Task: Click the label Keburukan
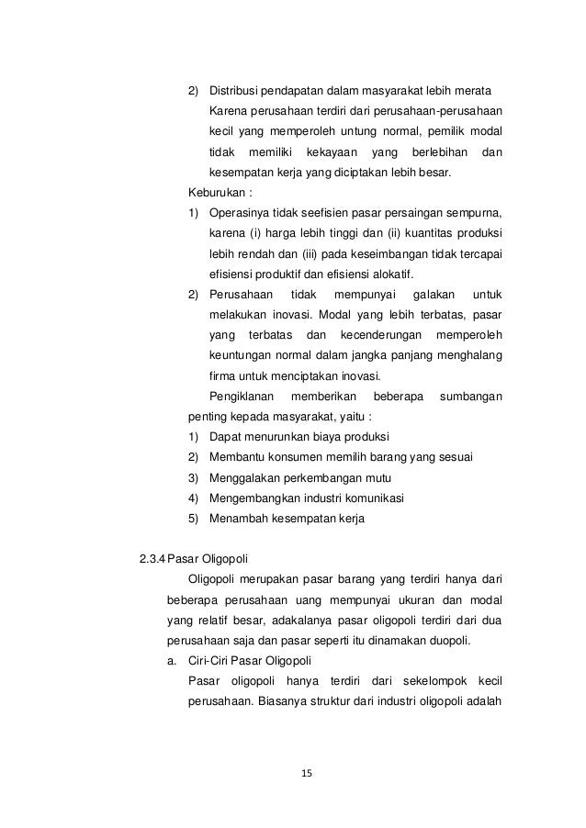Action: [x=216, y=194]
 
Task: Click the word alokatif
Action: [x=390, y=274]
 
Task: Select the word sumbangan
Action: [x=471, y=396]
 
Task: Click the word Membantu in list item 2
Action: [x=236, y=456]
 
